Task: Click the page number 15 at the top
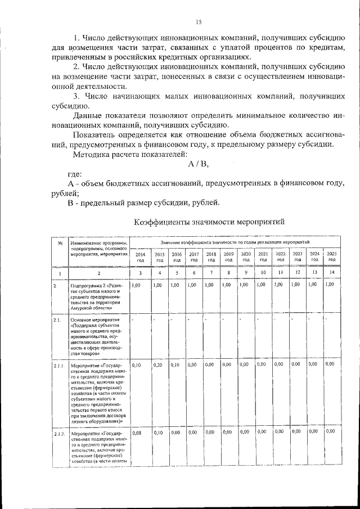[x=198, y=22]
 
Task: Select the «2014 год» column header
[x=141, y=257]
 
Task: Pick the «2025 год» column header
[x=332, y=257]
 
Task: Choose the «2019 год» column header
[x=228, y=257]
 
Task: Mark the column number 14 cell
[x=332, y=273]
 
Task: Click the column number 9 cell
[x=246, y=273]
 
